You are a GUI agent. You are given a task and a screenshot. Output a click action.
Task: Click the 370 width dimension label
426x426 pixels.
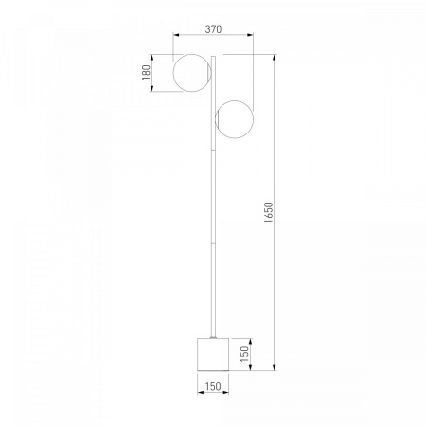pyautogui.click(x=213, y=29)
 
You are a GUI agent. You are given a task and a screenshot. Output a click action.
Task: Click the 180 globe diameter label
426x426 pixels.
pyautogui.click(x=146, y=73)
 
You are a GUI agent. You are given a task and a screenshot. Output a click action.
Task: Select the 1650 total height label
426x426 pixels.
pyautogui.click(x=268, y=213)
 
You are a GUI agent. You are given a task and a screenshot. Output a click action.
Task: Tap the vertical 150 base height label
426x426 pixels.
pyautogui.click(x=244, y=354)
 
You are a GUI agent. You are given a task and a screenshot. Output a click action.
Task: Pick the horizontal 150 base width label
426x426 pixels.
pyautogui.click(x=213, y=386)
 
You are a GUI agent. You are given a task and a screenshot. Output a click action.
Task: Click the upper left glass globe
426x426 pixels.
pyautogui.click(x=173, y=73)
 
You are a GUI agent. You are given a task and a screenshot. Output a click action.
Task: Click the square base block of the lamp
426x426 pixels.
pyautogui.click(x=213, y=354)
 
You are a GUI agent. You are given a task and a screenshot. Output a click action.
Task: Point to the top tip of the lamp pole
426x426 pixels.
pyautogui.click(x=213, y=56)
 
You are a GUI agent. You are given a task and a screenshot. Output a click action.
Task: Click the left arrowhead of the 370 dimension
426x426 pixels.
pyautogui.click(x=176, y=35)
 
